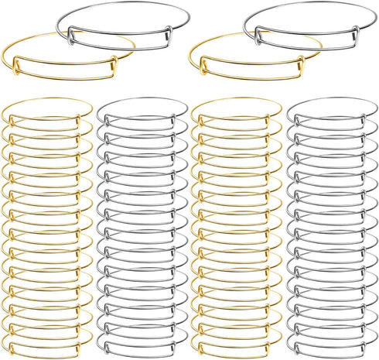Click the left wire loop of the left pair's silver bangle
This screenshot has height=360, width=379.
coord(69,32)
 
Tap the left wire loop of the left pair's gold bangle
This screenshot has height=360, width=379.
coord(16,74)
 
